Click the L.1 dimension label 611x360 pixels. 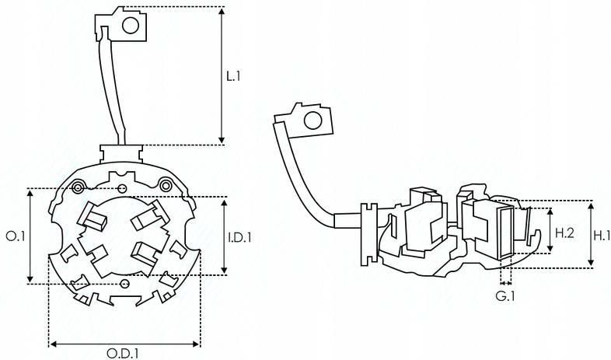coord(233,76)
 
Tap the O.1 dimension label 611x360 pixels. coord(16,236)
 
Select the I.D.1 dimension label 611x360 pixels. coord(239,237)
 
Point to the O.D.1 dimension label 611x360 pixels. coord(123,353)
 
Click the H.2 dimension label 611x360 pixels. coord(564,233)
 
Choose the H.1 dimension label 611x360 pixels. coord(601,235)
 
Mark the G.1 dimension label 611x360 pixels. coord(505,296)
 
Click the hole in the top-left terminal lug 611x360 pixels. coord(131,26)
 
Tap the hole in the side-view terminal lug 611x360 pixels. coord(313,121)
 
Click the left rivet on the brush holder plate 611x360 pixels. coord(78,187)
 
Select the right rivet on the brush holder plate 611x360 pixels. coord(166,185)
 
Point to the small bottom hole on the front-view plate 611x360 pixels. coord(125,283)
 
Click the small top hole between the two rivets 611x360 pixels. coord(122,189)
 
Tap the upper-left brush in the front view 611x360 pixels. coord(93,215)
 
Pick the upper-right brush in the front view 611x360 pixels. coord(150,215)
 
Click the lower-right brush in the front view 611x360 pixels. coord(144,253)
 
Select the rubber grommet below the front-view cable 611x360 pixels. coord(121,153)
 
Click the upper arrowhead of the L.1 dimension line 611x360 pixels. coord(222,11)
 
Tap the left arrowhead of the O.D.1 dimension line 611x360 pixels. coord(54,344)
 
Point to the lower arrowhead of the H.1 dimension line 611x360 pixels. coord(591,263)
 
